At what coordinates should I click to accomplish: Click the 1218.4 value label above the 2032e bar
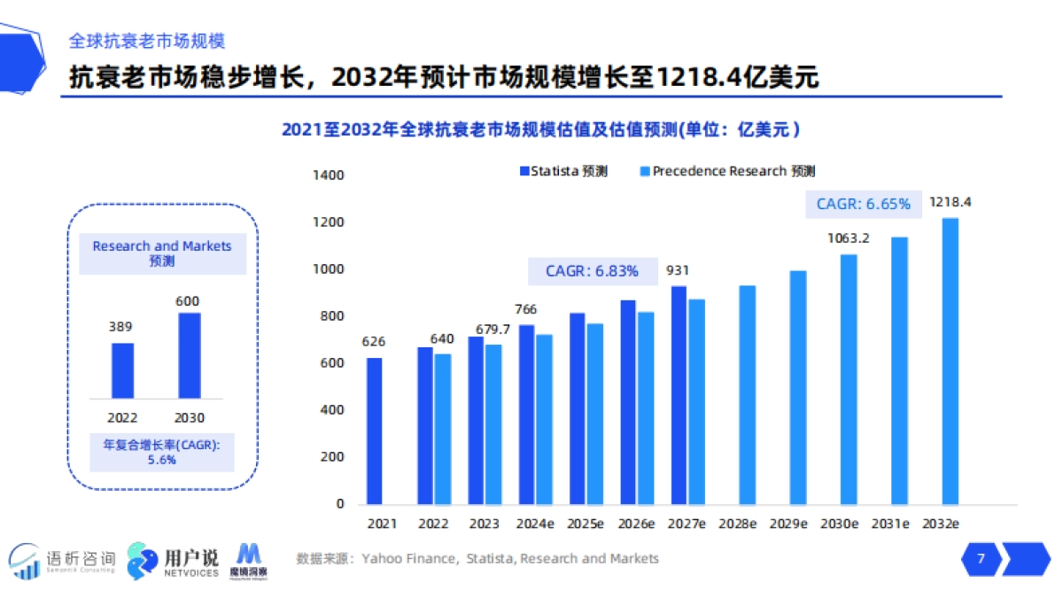(x=950, y=203)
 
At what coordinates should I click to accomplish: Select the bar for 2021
(x=375, y=431)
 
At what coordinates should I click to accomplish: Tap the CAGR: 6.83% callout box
(x=592, y=271)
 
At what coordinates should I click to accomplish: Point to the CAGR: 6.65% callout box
(x=863, y=204)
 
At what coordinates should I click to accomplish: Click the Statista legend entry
(x=563, y=171)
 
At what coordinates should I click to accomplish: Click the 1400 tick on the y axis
(x=329, y=175)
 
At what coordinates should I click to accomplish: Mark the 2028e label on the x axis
(x=736, y=524)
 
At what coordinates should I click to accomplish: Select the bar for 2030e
(x=849, y=379)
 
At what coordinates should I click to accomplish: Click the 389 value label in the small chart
(x=122, y=327)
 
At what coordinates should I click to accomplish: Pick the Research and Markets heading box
(x=161, y=253)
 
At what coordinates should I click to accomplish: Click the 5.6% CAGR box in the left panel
(x=161, y=452)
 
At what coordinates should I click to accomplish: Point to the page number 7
(x=980, y=559)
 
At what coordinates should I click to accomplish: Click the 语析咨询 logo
(x=62, y=561)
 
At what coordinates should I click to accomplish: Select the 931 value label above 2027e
(x=679, y=271)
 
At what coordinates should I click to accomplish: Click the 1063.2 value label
(x=849, y=238)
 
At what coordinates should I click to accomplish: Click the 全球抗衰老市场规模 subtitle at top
(x=147, y=41)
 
